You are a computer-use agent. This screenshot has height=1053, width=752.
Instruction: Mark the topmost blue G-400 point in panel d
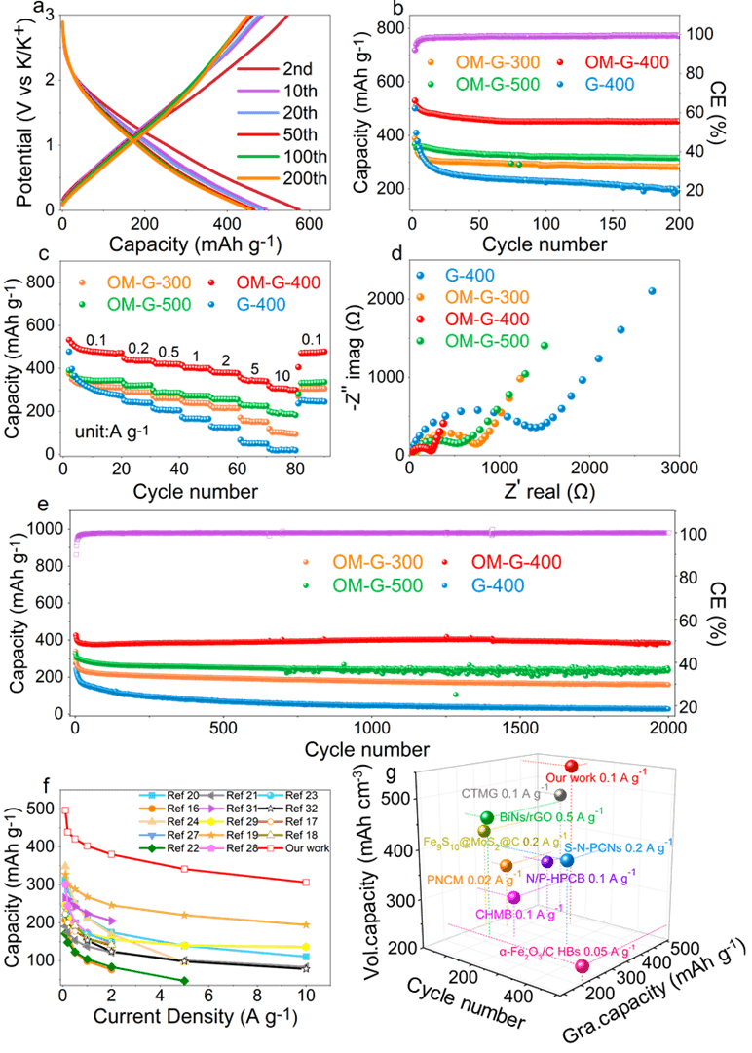pos(652,290)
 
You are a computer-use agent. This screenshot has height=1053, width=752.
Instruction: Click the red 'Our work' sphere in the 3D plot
pos(572,767)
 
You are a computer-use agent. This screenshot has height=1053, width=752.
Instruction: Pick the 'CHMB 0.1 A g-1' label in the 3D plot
pos(513,915)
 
